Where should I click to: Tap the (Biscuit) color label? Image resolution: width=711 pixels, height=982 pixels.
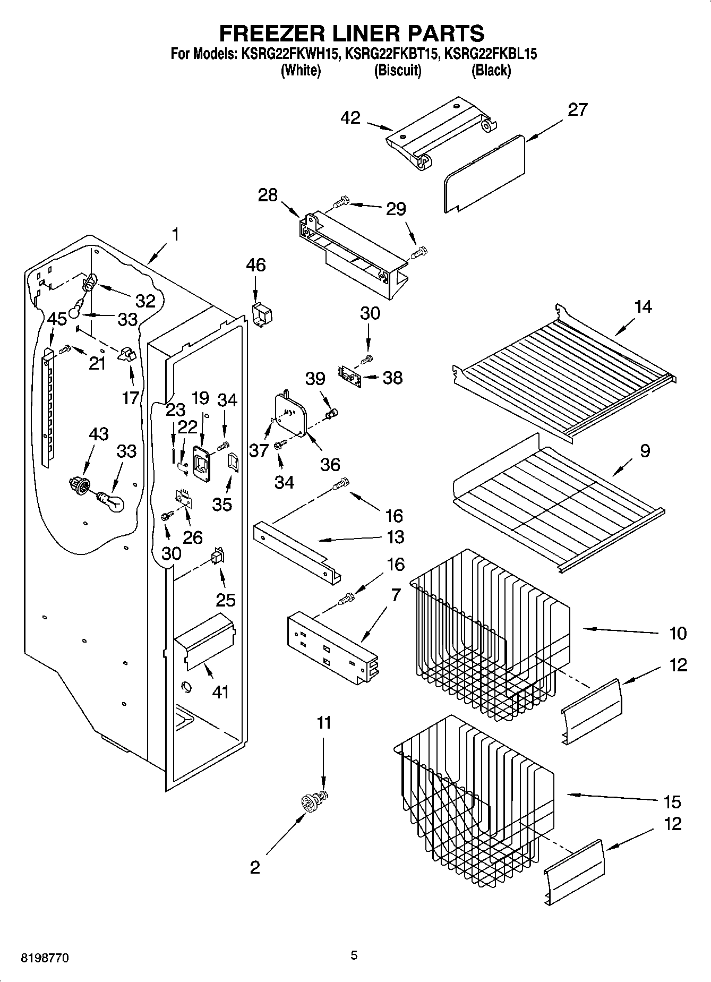[x=397, y=70]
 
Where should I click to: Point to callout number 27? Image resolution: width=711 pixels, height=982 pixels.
[x=578, y=109]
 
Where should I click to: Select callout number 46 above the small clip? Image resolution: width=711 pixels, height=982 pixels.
[x=256, y=265]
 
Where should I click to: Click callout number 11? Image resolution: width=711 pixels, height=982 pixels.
[x=324, y=723]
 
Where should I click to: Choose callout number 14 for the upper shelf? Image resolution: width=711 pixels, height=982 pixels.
[x=643, y=306]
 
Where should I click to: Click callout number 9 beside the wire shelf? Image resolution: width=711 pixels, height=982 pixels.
[x=645, y=451]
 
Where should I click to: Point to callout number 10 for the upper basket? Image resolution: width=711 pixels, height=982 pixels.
[x=678, y=633]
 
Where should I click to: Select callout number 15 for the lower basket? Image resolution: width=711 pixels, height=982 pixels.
[x=672, y=802]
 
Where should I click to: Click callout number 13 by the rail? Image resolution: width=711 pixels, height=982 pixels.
[x=396, y=537]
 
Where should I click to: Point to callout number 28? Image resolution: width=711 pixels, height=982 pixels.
[x=268, y=195]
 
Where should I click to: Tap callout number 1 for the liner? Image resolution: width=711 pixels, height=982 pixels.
[x=175, y=234]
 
